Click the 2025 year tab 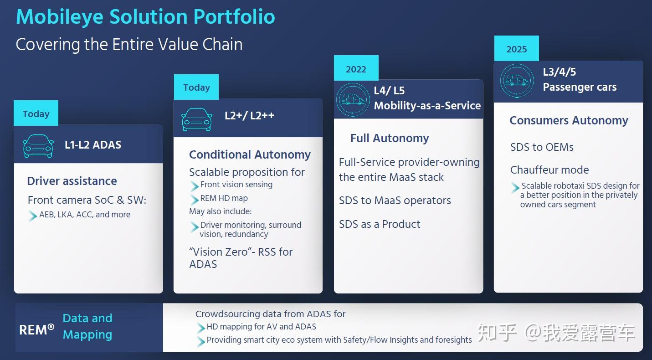[x=516, y=48]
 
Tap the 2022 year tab [x=356, y=68]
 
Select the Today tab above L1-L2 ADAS [x=36, y=113]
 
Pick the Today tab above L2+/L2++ [x=196, y=87]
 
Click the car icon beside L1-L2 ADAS [x=38, y=146]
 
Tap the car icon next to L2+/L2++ [x=197, y=119]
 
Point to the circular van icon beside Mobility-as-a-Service [x=353, y=100]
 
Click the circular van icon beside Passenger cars [x=517, y=81]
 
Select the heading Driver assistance [x=72, y=181]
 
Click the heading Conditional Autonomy [x=250, y=155]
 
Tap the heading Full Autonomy [x=390, y=138]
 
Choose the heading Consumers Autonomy [x=569, y=120]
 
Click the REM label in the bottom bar [x=36, y=330]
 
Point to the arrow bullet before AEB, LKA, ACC [x=32, y=216]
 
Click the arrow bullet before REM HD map [x=194, y=199]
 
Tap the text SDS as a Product [x=380, y=224]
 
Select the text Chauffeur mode [x=549, y=170]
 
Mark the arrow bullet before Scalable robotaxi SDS [x=515, y=187]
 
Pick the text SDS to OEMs [x=542, y=147]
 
